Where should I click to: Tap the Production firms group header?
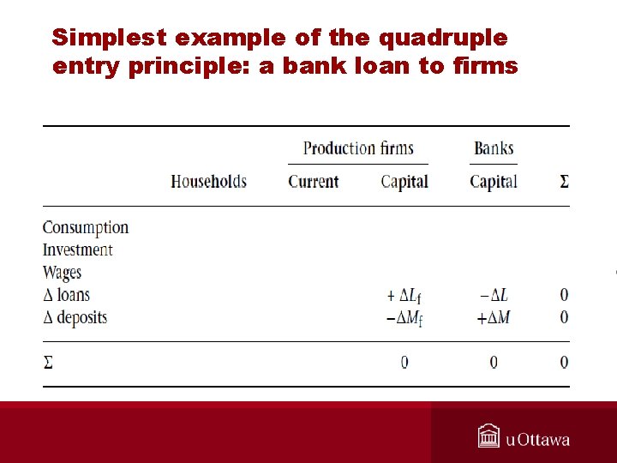click(x=358, y=148)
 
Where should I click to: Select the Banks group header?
click(x=494, y=148)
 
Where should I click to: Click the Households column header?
click(x=208, y=181)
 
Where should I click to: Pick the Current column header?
click(x=313, y=181)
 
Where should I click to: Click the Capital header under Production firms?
click(x=404, y=181)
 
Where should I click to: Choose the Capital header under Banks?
click(x=494, y=181)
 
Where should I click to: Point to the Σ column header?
click(x=564, y=181)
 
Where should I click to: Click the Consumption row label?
click(x=86, y=227)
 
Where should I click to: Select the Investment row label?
click(x=78, y=250)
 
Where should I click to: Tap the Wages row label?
click(x=63, y=273)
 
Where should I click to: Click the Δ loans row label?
click(x=67, y=295)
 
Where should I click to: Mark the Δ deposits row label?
click(x=75, y=317)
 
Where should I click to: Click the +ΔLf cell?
click(x=404, y=296)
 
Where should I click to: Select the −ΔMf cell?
click(x=404, y=318)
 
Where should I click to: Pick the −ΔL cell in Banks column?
click(x=494, y=295)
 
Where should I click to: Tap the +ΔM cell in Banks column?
click(x=493, y=317)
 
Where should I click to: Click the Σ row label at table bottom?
click(x=48, y=363)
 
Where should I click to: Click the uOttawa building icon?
click(x=488, y=436)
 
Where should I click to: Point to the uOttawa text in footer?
click(x=538, y=440)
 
